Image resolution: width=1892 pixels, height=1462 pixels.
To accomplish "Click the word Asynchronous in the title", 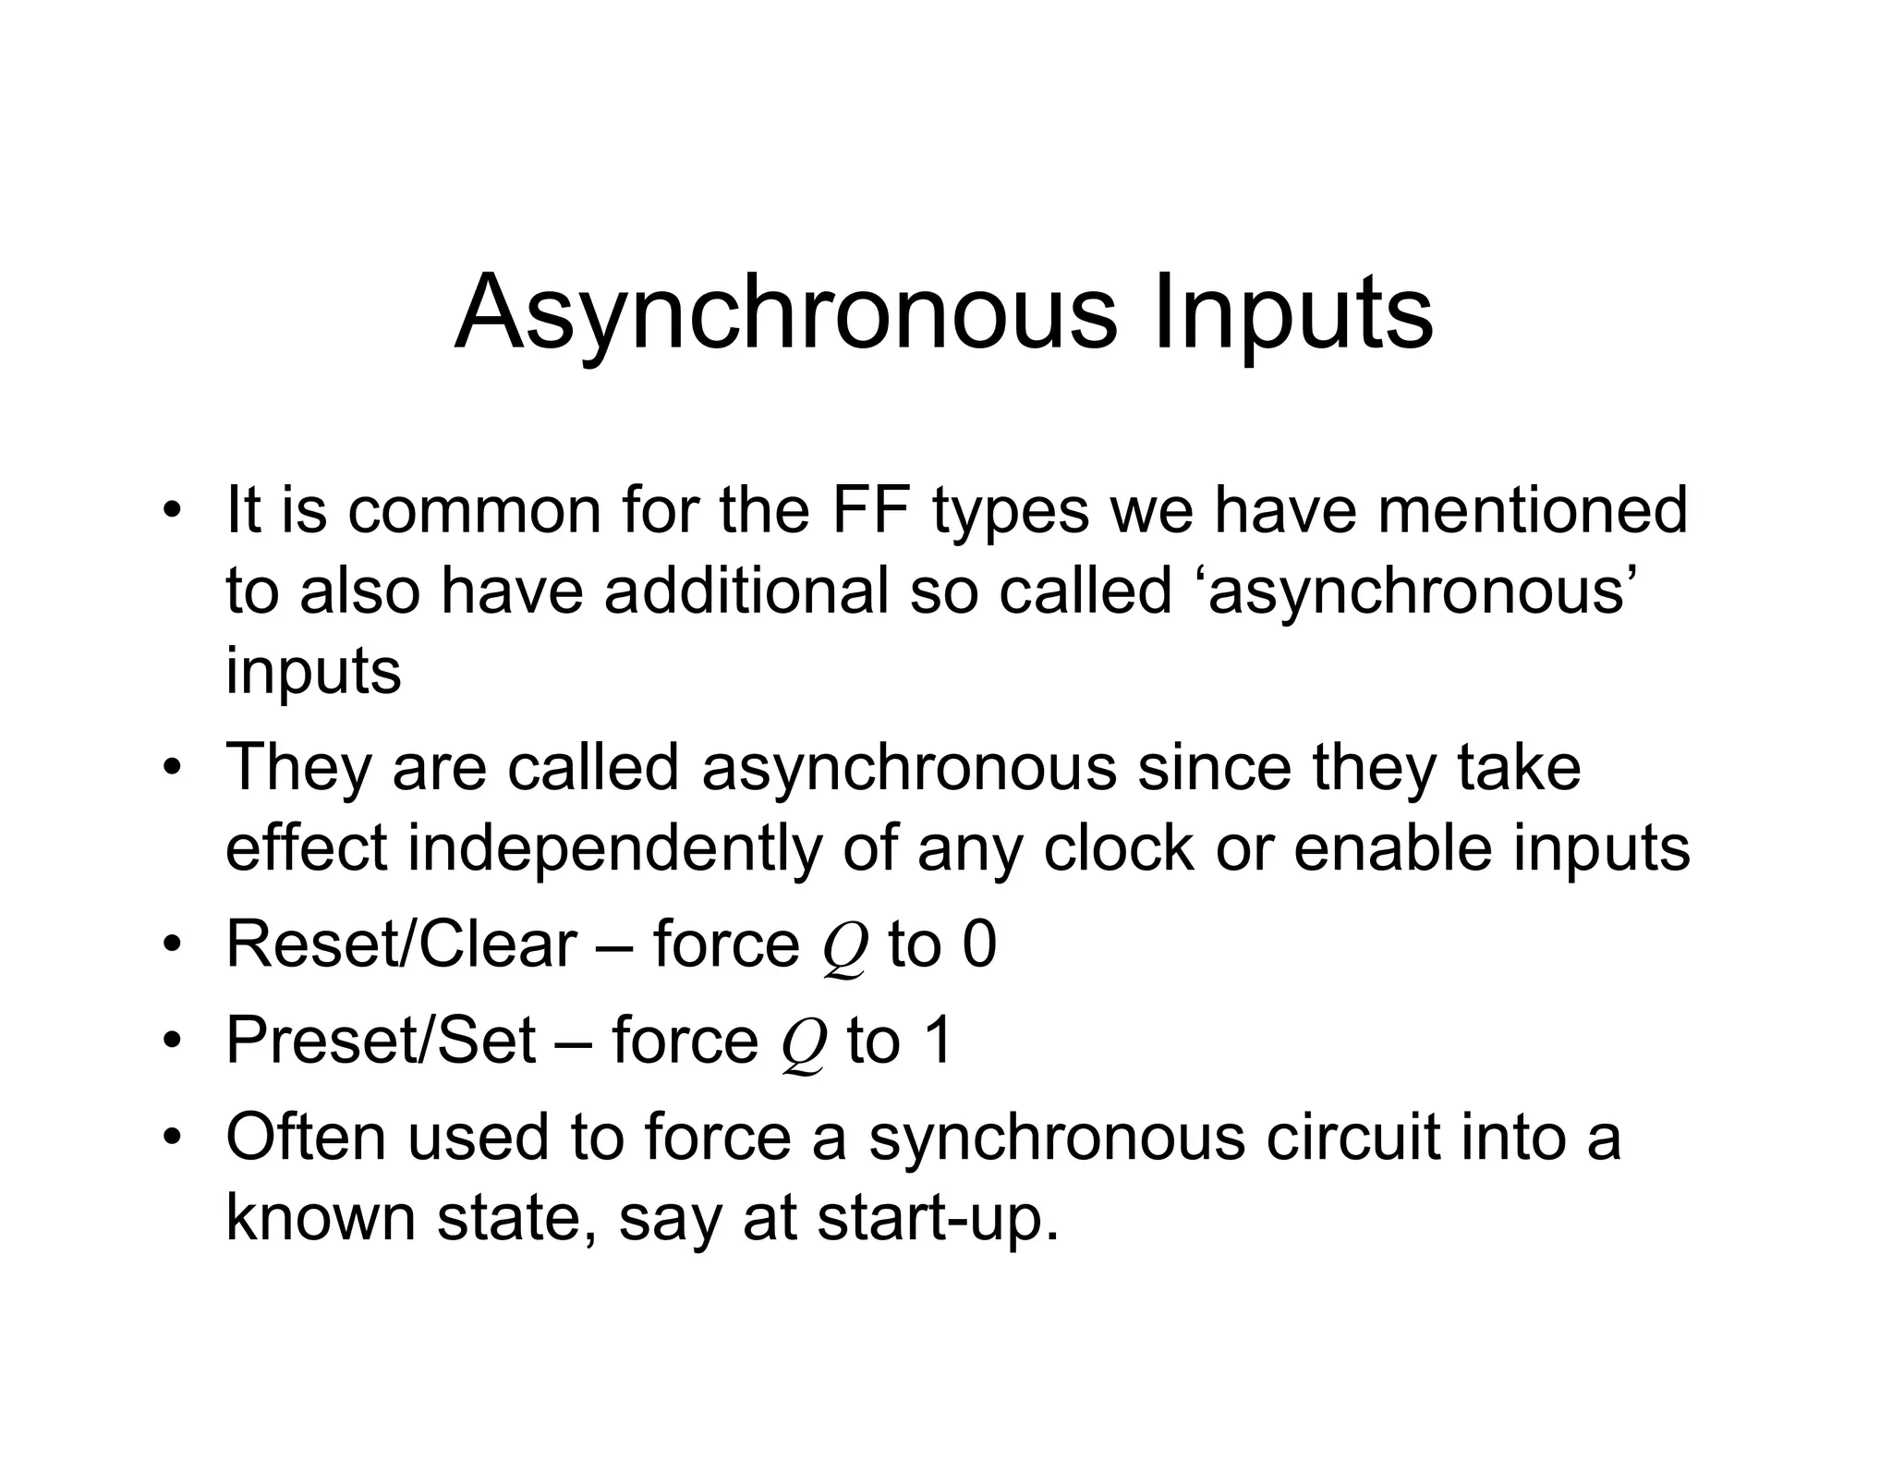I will point(785,314).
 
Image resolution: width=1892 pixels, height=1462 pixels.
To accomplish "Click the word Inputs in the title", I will point(1293,314).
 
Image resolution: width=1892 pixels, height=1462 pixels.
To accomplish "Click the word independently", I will point(614,847).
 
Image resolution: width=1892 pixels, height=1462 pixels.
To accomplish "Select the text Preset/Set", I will point(381,1041).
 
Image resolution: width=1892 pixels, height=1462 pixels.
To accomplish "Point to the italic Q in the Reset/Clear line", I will point(845,950).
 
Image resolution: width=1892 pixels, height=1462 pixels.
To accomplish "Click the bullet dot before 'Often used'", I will point(171,1138).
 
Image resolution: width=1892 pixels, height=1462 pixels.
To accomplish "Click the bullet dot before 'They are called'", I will point(171,768).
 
